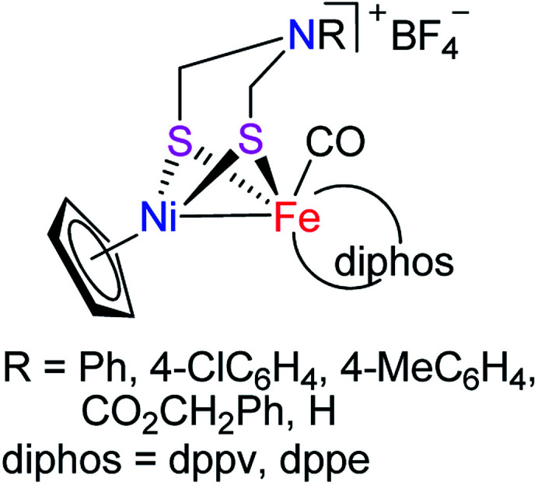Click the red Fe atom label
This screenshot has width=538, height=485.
click(297, 222)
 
